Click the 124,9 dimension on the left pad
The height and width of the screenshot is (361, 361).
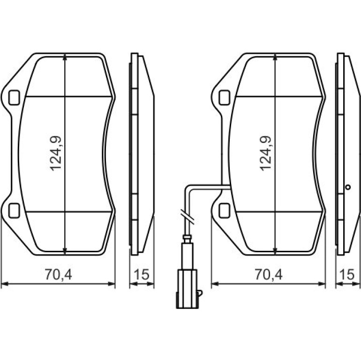[x=56, y=153]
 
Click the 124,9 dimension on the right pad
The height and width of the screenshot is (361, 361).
[x=266, y=153]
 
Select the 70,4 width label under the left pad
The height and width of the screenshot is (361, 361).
[x=59, y=274]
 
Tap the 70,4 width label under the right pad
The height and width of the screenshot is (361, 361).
[x=269, y=274]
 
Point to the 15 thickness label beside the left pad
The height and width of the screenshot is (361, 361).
[x=142, y=274]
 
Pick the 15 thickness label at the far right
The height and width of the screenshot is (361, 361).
[x=347, y=274]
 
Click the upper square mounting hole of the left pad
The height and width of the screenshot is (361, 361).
[x=14, y=98]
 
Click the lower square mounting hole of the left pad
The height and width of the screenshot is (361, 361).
[x=14, y=211]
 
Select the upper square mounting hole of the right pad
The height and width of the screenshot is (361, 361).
[x=224, y=98]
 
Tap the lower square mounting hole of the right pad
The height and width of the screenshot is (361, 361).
[x=224, y=211]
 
